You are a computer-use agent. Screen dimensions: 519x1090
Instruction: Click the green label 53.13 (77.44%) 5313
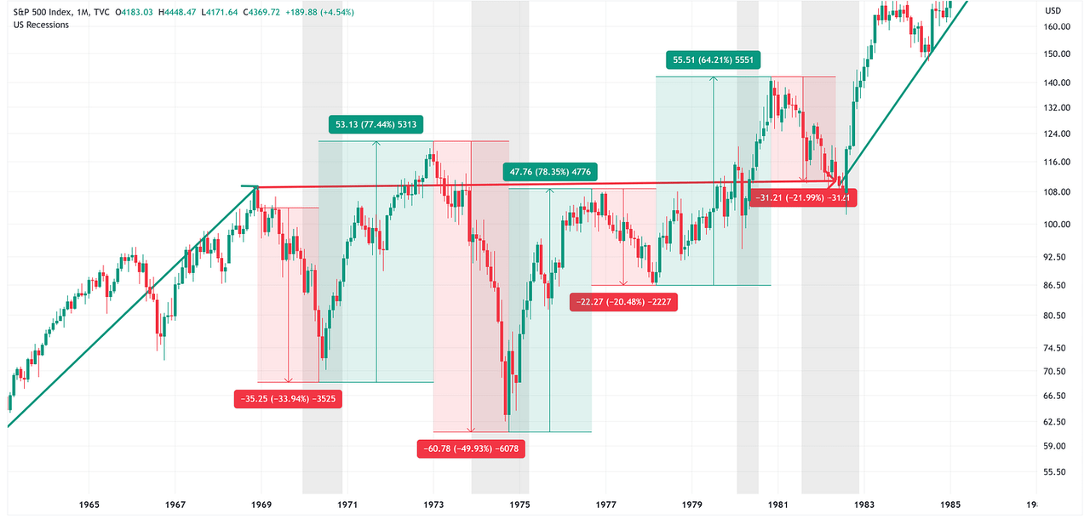pyautogui.click(x=376, y=124)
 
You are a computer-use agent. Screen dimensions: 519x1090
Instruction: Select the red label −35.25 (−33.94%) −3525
pyautogui.click(x=288, y=398)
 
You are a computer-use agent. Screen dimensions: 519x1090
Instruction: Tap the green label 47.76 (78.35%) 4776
pyautogui.click(x=551, y=172)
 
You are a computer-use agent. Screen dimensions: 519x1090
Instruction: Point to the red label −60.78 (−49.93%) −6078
pyautogui.click(x=471, y=448)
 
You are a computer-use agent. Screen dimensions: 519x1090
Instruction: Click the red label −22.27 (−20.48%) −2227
pyautogui.click(x=624, y=302)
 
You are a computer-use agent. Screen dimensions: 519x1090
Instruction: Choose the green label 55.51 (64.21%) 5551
pyautogui.click(x=714, y=60)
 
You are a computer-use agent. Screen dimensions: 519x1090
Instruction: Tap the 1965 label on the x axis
pyautogui.click(x=89, y=505)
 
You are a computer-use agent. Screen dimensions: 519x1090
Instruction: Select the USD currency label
pyautogui.click(x=1053, y=11)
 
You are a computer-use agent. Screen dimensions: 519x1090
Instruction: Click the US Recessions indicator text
pyautogui.click(x=42, y=25)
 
